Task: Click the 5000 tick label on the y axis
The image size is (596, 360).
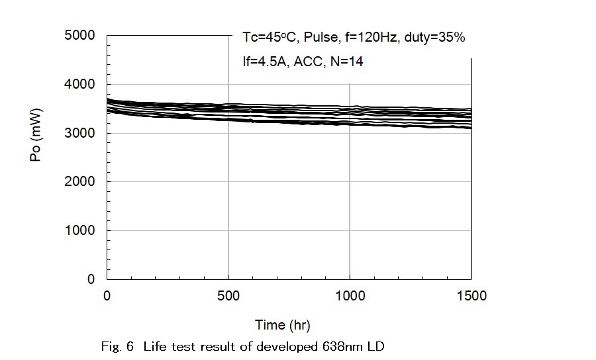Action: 79,36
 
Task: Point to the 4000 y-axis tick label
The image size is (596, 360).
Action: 79,85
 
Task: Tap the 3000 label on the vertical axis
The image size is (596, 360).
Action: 79,133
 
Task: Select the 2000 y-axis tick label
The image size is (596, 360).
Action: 79,182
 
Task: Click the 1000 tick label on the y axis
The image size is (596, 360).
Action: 79,231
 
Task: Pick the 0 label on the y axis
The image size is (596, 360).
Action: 91,279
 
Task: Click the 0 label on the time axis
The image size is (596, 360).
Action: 107,296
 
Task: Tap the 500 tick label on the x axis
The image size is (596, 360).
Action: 228,296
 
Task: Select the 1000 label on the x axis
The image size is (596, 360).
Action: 349,296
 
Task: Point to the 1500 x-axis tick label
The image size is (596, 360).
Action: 470,296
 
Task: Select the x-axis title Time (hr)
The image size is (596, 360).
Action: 283,325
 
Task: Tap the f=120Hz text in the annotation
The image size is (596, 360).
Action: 368,38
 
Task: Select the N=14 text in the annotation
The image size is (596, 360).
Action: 346,62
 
